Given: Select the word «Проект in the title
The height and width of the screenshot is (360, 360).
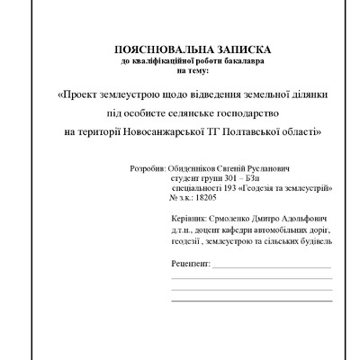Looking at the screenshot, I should tap(78, 93).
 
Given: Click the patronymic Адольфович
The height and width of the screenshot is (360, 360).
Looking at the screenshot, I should tap(307, 219).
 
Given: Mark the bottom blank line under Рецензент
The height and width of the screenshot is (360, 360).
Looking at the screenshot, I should tap(251, 299).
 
